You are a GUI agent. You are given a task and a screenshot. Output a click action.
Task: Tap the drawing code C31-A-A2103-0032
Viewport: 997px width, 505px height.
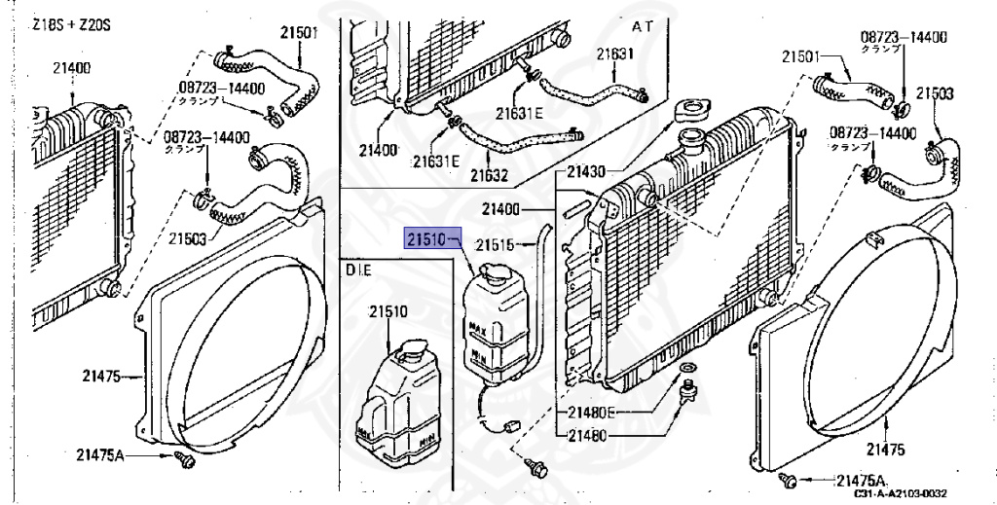point(901,494)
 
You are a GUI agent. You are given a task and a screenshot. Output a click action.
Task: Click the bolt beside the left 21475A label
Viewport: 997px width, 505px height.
point(181,456)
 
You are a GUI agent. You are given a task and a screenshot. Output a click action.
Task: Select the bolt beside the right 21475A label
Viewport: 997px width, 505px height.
point(792,480)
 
